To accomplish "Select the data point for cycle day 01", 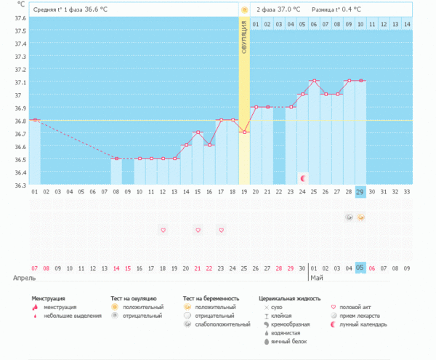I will coord(35,119).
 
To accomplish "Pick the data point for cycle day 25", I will coord(314,81).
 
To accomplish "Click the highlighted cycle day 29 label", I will coord(360,192).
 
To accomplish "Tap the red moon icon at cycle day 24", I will coord(303,178).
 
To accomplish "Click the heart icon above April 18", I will coord(163,230).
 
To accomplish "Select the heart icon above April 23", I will coord(221,230).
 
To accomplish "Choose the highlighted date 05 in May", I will coord(360,267).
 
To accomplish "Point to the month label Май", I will coord(316,278).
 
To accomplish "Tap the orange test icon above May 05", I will coord(360,217).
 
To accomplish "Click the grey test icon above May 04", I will coord(349,217).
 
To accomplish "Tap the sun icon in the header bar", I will coord(244,10).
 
